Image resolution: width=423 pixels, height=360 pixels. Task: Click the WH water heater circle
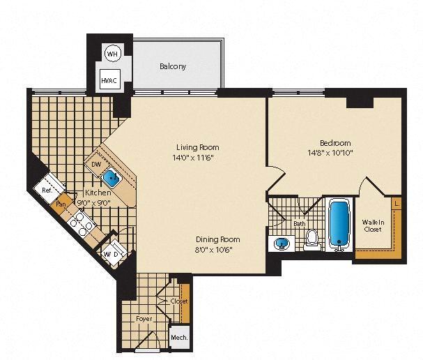click(111, 53)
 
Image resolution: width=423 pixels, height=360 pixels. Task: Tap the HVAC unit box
click(110, 80)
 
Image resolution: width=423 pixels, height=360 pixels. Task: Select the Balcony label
click(173, 67)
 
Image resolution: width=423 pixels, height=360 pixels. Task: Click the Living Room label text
click(197, 147)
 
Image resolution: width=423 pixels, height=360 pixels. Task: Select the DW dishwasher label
click(96, 165)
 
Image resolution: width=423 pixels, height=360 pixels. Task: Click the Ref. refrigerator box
click(48, 190)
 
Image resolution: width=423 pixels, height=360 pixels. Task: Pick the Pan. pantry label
click(61, 205)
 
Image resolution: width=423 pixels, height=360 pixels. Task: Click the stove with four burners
click(83, 225)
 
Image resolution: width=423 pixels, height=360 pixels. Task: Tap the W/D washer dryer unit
click(112, 253)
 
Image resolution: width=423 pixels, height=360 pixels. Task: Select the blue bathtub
click(339, 225)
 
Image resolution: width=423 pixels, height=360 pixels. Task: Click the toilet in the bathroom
click(312, 239)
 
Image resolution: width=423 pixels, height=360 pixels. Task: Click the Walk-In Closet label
click(372, 225)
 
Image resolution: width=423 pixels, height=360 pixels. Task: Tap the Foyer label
click(144, 319)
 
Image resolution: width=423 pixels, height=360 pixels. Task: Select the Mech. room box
click(178, 338)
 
